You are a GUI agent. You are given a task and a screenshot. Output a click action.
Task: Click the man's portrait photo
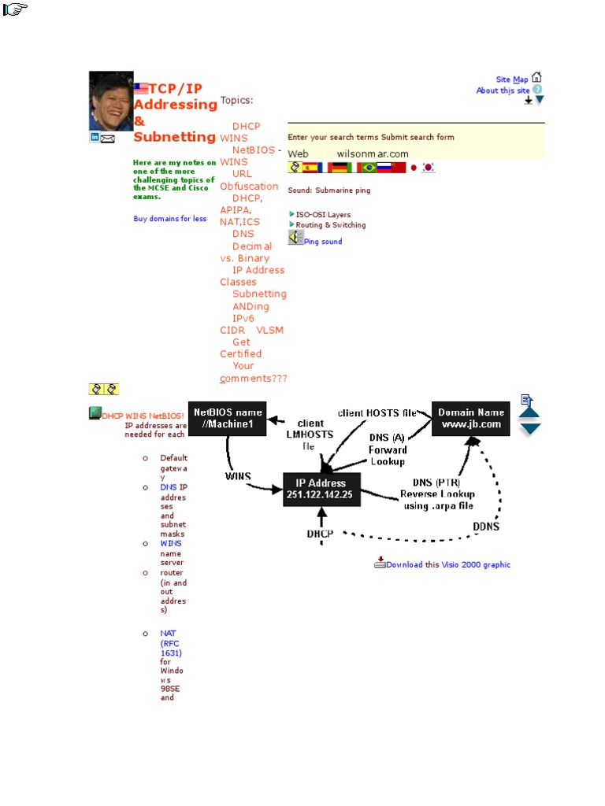(111, 101)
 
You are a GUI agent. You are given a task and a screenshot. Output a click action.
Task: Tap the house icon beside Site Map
(536, 78)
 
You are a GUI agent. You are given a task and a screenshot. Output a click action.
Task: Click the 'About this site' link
(503, 91)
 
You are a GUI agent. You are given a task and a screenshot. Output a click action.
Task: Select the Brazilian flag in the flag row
(369, 168)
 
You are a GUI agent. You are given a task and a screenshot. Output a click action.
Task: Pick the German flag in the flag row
(339, 168)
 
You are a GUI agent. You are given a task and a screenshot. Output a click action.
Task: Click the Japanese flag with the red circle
(414, 168)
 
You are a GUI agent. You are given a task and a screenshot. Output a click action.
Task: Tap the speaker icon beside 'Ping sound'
(295, 237)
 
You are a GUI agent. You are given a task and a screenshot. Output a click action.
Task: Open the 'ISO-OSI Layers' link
(323, 215)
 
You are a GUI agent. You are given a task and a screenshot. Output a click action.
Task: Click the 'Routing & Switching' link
(330, 225)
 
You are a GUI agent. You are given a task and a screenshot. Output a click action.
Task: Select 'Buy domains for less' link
(170, 219)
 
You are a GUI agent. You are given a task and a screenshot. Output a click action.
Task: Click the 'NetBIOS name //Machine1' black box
(228, 418)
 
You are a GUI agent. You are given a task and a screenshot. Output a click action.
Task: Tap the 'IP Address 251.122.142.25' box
(320, 490)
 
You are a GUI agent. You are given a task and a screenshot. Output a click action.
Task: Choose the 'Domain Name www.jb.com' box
(470, 418)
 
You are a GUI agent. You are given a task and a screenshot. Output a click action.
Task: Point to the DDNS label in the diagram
(486, 526)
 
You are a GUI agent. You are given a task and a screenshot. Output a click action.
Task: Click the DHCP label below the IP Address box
(320, 534)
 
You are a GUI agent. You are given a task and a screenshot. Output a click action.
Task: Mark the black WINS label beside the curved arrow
(238, 476)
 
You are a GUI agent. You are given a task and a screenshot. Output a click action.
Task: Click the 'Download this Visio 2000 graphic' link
(447, 564)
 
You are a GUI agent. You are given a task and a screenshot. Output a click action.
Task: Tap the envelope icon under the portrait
(108, 139)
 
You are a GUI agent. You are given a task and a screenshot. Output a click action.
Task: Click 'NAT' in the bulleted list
(168, 633)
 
